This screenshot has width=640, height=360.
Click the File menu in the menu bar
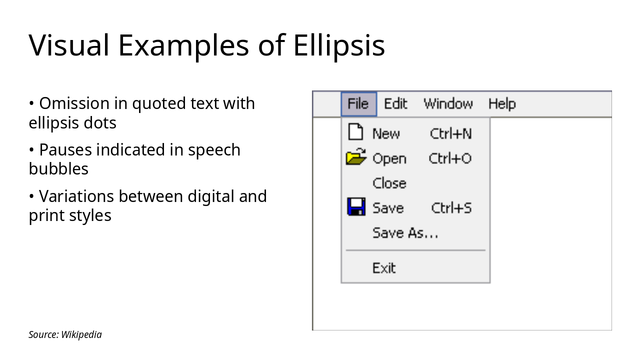(358, 104)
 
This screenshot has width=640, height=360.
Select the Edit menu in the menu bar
(395, 104)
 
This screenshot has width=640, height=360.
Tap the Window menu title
(448, 104)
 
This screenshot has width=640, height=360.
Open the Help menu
(501, 104)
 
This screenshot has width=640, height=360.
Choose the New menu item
(386, 133)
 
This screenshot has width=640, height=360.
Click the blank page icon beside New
(355, 132)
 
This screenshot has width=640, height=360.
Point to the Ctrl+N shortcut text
(450, 133)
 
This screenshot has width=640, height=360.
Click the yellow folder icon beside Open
(356, 157)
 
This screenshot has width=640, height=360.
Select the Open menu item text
(389, 158)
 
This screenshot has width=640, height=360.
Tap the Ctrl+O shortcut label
(450, 158)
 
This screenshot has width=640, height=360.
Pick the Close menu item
(389, 183)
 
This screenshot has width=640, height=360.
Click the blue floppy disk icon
(356, 206)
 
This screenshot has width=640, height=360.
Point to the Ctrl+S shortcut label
(451, 208)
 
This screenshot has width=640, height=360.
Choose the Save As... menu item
(405, 233)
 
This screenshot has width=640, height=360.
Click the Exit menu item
(384, 268)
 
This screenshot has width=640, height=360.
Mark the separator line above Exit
(415, 250)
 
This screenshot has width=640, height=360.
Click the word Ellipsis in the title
(338, 45)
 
